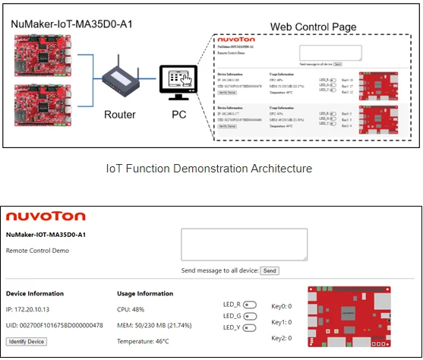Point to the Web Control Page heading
click(x=314, y=27)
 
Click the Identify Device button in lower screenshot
click(x=27, y=342)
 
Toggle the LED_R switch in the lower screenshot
click(x=250, y=305)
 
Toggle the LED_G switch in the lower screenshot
click(x=250, y=317)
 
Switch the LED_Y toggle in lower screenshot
click(x=250, y=328)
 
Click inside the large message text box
click(x=244, y=244)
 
